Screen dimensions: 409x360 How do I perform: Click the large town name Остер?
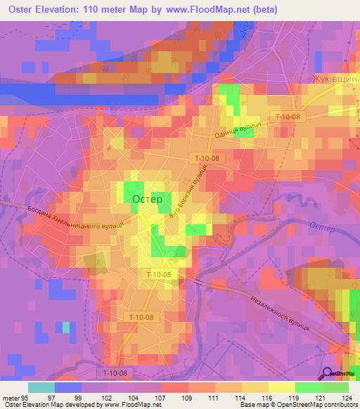coord(147,199)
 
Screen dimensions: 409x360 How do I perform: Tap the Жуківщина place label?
coord(335,80)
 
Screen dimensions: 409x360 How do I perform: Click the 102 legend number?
coord(106,398)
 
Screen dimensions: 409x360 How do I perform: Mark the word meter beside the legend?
coord(8,398)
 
